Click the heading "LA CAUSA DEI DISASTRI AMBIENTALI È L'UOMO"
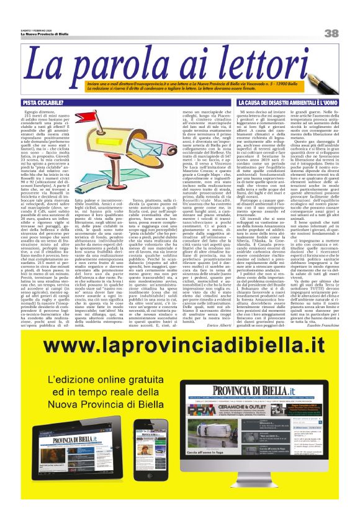[x=287, y=101]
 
